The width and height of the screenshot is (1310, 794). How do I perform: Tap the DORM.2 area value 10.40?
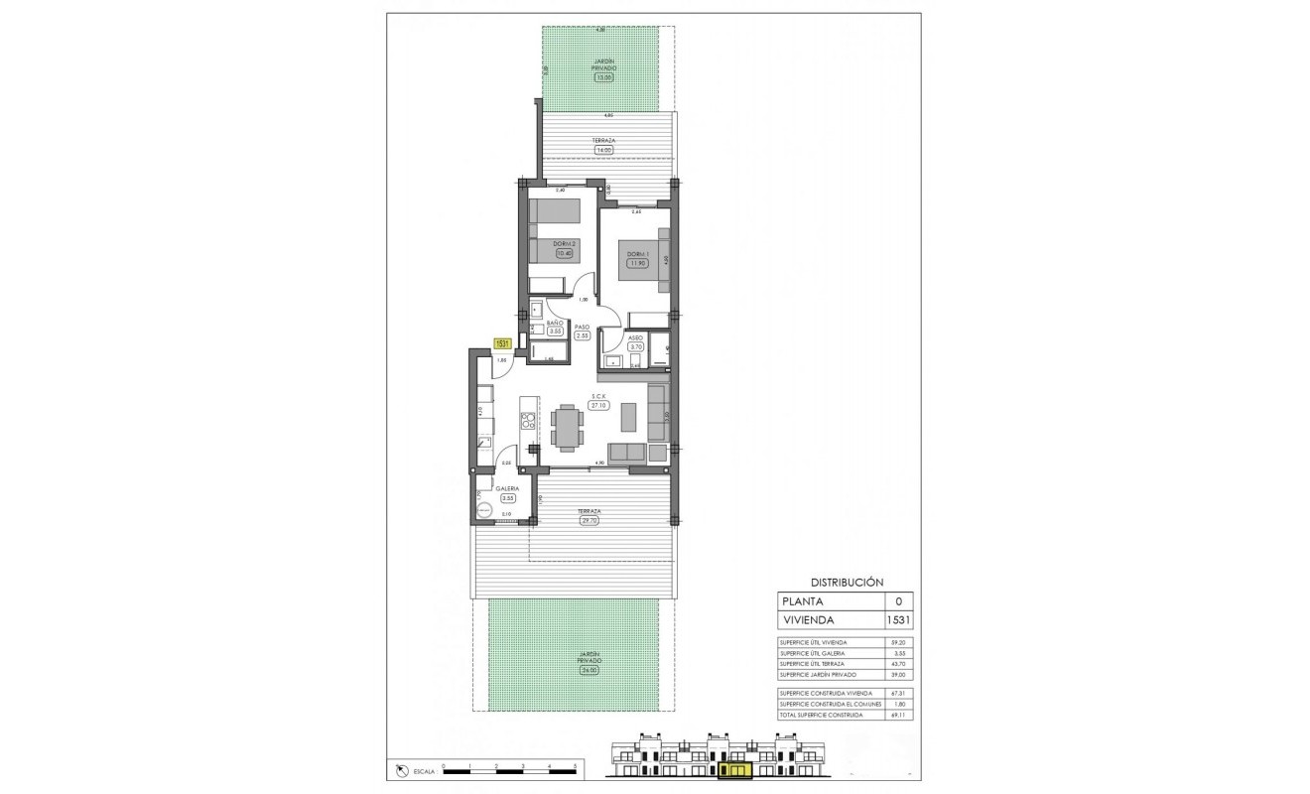[565, 253]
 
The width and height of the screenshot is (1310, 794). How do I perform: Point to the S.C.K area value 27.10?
[597, 405]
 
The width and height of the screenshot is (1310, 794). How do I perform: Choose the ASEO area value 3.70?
[637, 346]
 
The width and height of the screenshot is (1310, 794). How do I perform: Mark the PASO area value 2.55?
[583, 335]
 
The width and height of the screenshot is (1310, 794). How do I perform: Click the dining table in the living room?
[569, 428]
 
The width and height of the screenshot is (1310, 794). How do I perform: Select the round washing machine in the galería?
[483, 510]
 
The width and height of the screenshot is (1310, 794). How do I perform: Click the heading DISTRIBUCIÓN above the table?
[847, 583]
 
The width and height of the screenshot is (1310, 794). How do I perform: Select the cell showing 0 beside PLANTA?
[898, 601]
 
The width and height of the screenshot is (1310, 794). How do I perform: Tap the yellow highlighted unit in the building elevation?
[736, 767]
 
